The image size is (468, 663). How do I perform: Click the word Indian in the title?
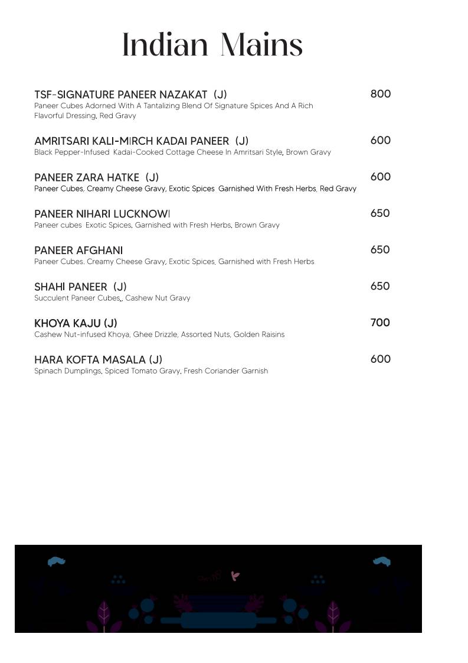click(x=165, y=45)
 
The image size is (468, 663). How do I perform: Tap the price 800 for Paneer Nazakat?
click(x=381, y=94)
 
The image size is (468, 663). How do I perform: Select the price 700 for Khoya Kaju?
click(x=380, y=323)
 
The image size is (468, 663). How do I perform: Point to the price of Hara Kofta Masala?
click(x=380, y=359)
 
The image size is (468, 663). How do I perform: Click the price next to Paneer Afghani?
click(x=380, y=250)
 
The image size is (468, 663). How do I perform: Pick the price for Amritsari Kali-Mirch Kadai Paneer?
click(x=380, y=141)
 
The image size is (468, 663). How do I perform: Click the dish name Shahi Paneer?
click(x=71, y=287)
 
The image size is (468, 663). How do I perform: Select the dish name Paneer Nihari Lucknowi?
click(x=102, y=214)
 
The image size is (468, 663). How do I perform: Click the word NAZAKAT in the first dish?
click(x=183, y=95)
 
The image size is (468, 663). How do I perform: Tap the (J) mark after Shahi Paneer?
click(x=120, y=287)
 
